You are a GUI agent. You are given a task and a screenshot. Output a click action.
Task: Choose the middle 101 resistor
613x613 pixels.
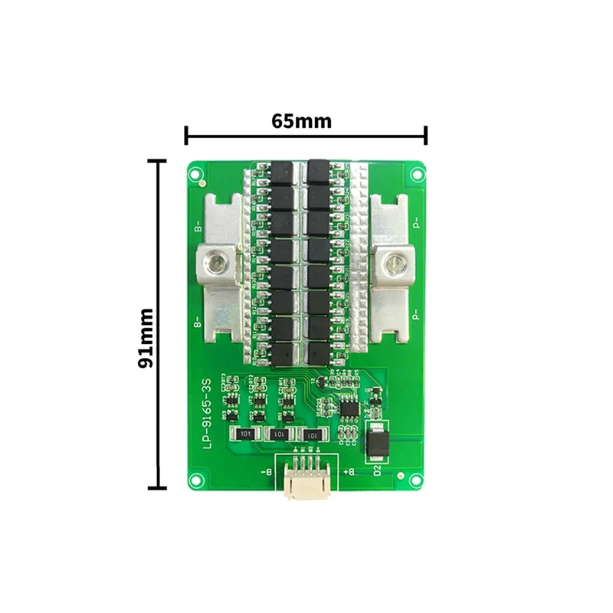[279, 434]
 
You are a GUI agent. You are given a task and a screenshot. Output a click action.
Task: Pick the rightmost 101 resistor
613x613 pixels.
[310, 434]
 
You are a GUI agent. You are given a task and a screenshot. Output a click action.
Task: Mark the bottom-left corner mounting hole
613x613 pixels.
[198, 480]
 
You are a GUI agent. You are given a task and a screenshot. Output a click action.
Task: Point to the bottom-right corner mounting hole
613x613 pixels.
[415, 480]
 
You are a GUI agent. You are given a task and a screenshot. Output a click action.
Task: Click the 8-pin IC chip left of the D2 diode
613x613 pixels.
[349, 406]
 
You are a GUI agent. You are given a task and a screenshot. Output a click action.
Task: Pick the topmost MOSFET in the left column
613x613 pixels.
[284, 168]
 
